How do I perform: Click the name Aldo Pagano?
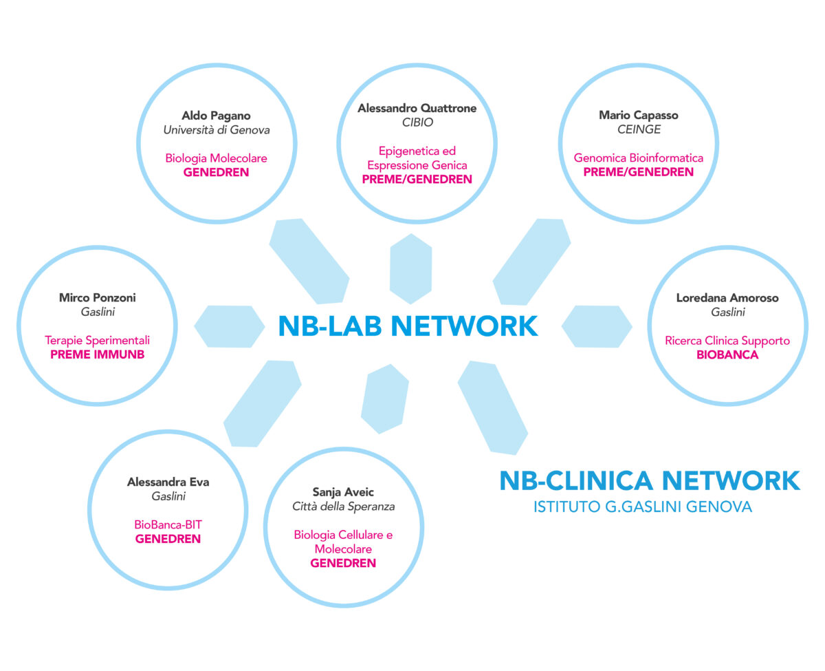216,115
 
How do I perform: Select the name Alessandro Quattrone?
417,108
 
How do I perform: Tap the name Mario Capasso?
639,115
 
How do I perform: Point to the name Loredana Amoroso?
727,298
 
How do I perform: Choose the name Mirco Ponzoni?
97,298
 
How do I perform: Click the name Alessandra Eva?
168,482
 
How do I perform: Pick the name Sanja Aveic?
343,493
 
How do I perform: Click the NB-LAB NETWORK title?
408,326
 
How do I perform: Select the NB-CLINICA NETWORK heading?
649,480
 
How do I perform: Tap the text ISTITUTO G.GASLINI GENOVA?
642,508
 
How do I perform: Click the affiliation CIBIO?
417,123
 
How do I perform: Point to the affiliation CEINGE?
639,129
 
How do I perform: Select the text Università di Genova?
216,129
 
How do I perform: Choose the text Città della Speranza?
343,507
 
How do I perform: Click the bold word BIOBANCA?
727,355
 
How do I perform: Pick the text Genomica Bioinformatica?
639,158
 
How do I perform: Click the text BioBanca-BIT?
168,524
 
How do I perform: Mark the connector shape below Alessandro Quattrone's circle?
410,268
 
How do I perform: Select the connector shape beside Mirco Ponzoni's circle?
229,326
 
